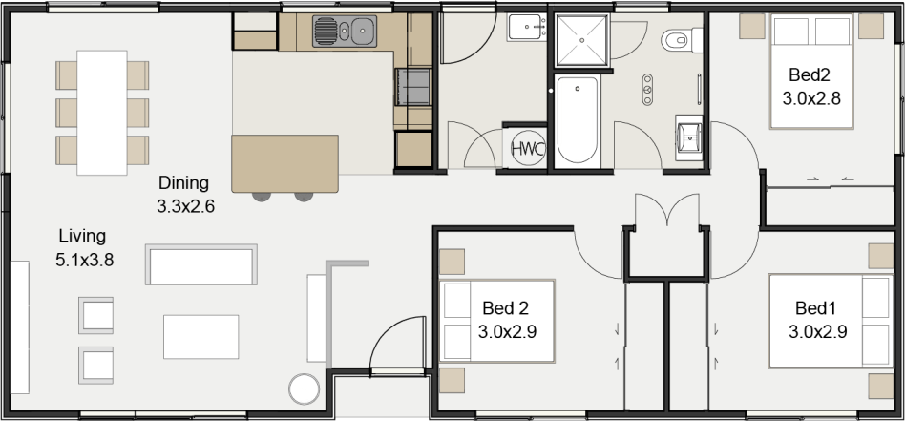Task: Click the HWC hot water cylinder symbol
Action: [x=528, y=149]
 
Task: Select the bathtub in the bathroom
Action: [x=578, y=120]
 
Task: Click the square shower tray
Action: [x=581, y=40]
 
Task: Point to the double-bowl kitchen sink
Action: [x=345, y=32]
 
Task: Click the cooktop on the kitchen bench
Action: [x=413, y=87]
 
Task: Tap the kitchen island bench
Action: [x=285, y=163]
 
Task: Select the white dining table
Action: [x=102, y=113]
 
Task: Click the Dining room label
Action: [x=183, y=183]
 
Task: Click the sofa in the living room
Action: [x=201, y=265]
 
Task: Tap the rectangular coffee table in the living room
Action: [x=200, y=337]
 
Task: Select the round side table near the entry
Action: [x=305, y=389]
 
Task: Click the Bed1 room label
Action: [x=815, y=308]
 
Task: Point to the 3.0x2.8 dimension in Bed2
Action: [x=810, y=98]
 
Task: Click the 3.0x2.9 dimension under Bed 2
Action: [x=507, y=332]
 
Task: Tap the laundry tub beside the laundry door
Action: [x=527, y=27]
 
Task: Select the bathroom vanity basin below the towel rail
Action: [x=689, y=138]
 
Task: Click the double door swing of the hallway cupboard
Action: [x=667, y=209]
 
